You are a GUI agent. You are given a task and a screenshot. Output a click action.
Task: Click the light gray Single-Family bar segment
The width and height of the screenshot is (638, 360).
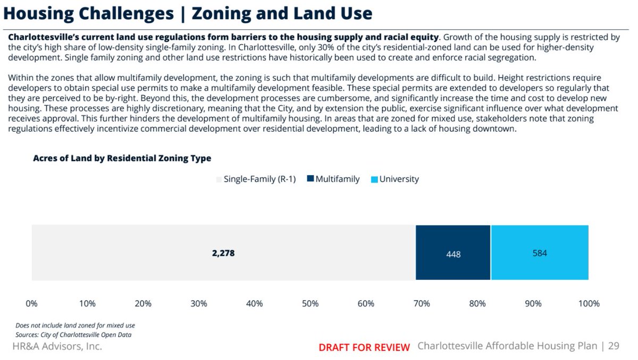[133, 253]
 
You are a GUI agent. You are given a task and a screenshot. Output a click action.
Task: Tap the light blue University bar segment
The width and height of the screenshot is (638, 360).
[540, 265]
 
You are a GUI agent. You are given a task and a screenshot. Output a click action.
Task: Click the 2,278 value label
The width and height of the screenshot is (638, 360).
[223, 253]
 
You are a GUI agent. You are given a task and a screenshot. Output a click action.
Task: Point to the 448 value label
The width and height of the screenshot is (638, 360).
[453, 254]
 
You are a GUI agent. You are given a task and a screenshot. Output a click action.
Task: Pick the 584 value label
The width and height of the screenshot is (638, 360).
[540, 253]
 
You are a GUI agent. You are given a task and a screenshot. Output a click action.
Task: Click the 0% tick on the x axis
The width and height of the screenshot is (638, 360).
[31, 304]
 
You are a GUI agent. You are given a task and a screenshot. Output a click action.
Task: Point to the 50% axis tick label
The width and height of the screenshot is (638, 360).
[310, 304]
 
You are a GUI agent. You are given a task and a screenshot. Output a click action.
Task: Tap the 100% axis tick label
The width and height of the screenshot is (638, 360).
[588, 304]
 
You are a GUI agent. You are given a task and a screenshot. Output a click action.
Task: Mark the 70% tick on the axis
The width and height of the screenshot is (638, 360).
[422, 304]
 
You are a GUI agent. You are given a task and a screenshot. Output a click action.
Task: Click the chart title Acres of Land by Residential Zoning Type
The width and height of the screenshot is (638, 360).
[122, 158]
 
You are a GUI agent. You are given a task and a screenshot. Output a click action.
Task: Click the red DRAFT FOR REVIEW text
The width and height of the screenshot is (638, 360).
[364, 347]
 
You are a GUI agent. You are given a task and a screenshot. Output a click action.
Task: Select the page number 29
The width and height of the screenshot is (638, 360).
[614, 346]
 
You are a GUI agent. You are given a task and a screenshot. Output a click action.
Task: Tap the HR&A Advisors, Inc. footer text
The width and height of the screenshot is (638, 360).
[57, 346]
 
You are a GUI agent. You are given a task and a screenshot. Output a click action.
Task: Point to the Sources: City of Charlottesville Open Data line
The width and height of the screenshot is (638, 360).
[73, 335]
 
